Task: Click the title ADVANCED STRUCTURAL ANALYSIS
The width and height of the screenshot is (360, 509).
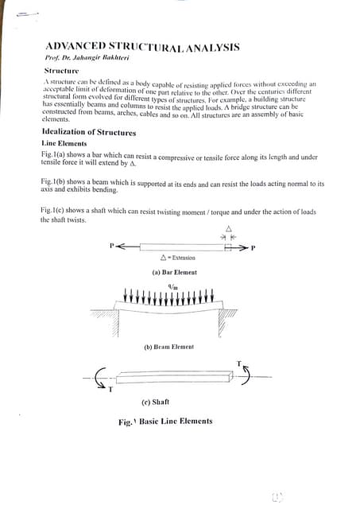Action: point(142,47)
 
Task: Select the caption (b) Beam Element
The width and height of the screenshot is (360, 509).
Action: point(168,347)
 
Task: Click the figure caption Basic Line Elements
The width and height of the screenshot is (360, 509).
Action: point(165,422)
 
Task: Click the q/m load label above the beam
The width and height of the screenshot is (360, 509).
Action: point(173,287)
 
